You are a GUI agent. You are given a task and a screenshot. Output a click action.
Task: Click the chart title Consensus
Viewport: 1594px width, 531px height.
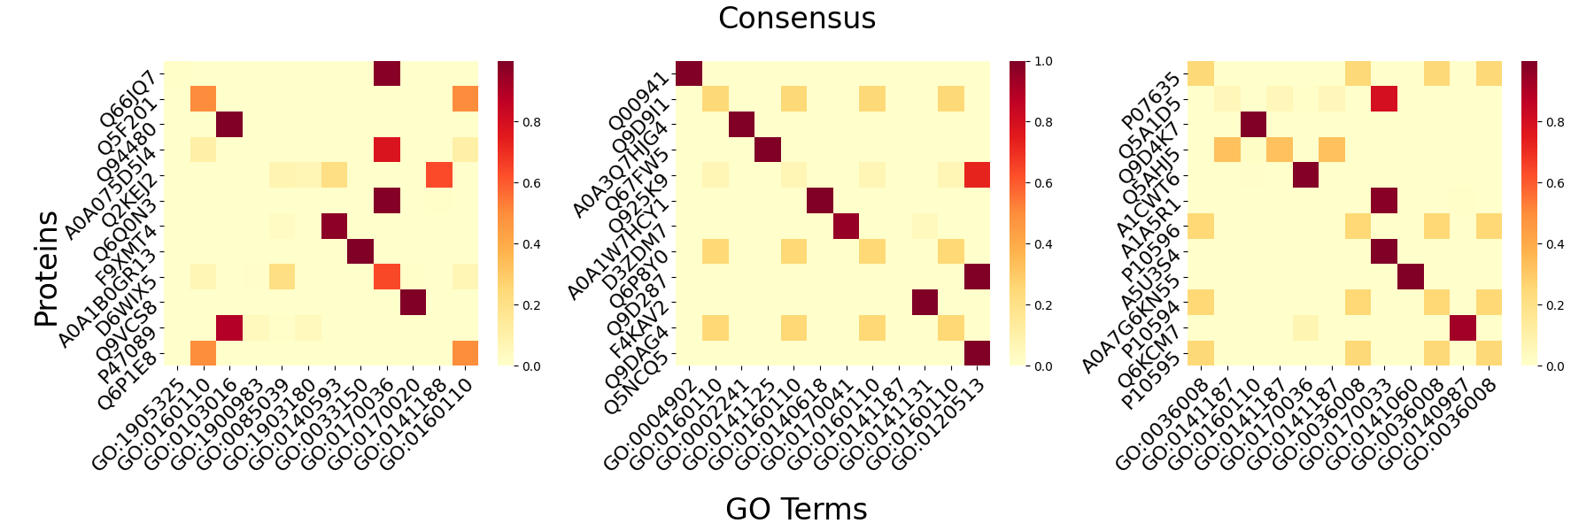[x=796, y=19]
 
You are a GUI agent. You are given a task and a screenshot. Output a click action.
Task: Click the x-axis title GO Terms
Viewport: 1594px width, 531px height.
[x=796, y=509]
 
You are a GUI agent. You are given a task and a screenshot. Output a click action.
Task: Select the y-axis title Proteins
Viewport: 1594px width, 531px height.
[x=46, y=268]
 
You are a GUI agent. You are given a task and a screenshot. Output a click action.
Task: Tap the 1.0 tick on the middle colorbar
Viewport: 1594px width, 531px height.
[x=1043, y=61]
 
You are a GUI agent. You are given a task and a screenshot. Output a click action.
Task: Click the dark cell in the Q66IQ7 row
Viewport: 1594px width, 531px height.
[x=387, y=73]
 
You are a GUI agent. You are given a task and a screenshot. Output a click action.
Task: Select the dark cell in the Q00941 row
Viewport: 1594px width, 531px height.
[x=689, y=73]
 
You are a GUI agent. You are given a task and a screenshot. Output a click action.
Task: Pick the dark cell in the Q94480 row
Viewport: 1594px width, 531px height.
[x=230, y=125]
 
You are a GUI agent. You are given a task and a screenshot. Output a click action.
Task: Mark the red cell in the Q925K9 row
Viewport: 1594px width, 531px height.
[x=977, y=175]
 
